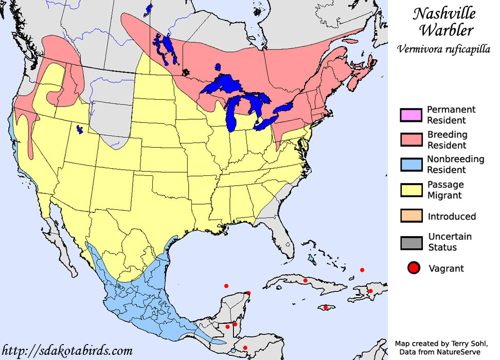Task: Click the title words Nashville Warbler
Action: coord(443,21)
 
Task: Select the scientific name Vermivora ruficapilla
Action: coord(444,49)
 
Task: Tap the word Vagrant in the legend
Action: coord(446,268)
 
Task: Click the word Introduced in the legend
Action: coord(452,217)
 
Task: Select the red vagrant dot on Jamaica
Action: coord(325,308)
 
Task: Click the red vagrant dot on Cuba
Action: coord(306,280)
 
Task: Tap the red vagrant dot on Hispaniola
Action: coord(370,291)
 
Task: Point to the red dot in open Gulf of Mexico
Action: coord(226,285)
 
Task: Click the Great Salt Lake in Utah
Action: coord(79,129)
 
